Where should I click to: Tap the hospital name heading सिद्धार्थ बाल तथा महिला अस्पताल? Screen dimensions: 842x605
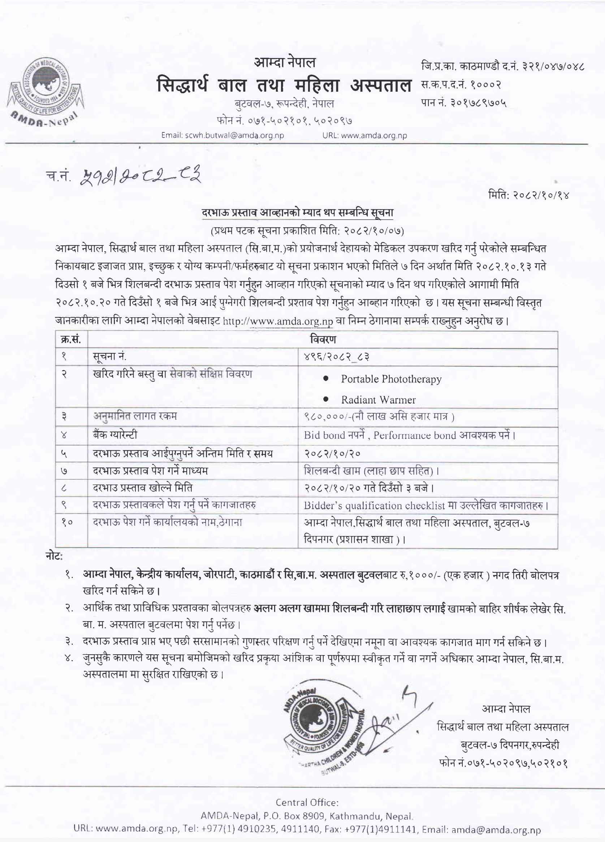point(284,85)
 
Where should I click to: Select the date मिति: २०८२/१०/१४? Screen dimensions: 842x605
point(528,195)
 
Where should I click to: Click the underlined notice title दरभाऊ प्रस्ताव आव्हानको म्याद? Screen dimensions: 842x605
point(297,213)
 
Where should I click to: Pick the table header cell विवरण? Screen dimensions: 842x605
point(323,339)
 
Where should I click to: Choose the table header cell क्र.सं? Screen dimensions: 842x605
point(72,339)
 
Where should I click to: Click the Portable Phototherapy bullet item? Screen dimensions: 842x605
point(391,379)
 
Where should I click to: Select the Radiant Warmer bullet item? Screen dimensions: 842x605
point(378,400)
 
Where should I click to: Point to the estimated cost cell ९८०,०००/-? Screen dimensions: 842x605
point(379,416)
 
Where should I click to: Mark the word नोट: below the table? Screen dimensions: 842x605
point(54,557)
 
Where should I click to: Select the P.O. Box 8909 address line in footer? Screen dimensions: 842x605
point(307,816)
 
